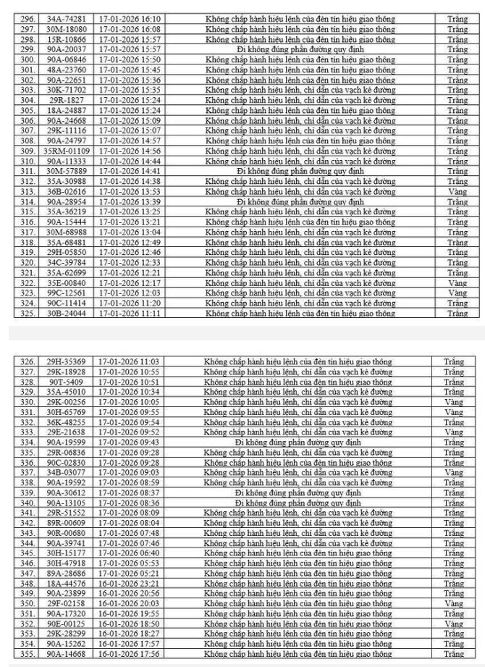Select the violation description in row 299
pos(300,49)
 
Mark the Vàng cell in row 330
pos(454,401)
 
